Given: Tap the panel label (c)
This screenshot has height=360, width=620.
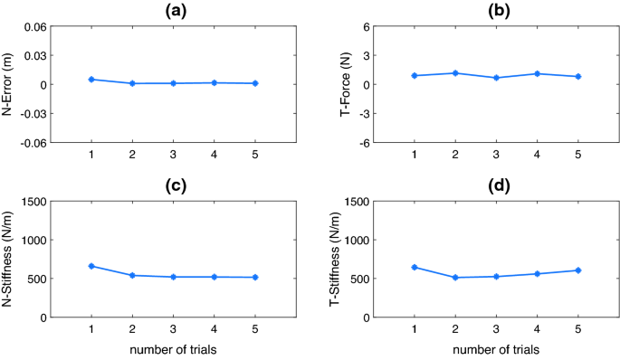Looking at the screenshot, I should click(171, 185).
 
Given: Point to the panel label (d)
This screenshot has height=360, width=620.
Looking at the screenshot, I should click(494, 185).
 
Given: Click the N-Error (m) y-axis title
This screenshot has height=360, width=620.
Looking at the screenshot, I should click(10, 85).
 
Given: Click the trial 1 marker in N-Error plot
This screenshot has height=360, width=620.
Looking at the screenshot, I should click(91, 80).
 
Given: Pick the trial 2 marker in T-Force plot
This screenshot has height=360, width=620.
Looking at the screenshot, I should click(454, 73).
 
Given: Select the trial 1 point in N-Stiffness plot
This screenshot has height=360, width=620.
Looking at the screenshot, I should click(91, 266).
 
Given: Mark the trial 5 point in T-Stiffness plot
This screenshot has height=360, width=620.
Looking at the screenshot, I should click(577, 270).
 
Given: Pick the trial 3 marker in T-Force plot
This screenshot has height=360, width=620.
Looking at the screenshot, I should click(495, 78).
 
